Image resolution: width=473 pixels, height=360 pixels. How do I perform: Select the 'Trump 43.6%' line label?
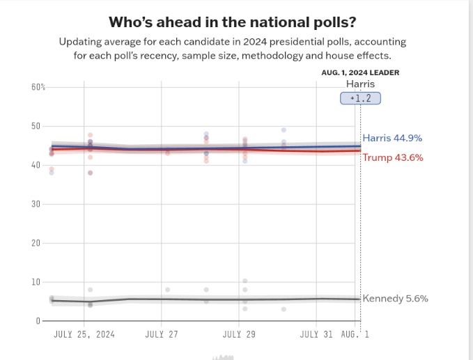[393, 157]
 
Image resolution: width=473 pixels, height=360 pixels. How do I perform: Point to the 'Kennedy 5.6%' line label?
[395, 298]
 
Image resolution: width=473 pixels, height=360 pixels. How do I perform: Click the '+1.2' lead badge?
[360, 99]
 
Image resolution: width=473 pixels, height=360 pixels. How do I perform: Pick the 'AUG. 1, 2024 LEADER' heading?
[360, 72]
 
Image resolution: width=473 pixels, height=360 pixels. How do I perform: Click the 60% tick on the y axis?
[38, 87]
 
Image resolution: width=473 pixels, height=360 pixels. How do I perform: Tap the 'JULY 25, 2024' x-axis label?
[84, 334]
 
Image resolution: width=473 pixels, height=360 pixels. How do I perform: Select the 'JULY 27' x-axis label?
[162, 334]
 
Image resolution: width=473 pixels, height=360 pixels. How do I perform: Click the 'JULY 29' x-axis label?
[239, 334]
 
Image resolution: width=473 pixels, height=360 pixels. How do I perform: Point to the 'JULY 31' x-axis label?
[316, 334]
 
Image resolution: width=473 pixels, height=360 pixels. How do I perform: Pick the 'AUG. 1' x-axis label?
[355, 334]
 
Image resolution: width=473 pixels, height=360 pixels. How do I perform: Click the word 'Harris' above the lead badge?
[360, 84]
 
